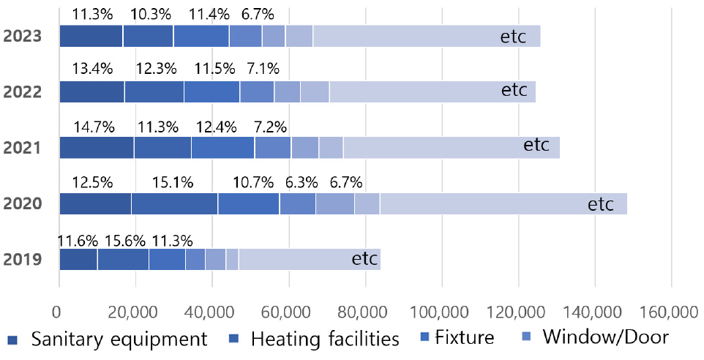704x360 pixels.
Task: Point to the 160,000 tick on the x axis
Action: point(670,312)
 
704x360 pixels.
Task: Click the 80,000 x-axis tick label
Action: point(364,312)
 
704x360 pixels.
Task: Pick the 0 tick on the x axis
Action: point(59,312)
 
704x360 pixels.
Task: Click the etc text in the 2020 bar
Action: point(600,204)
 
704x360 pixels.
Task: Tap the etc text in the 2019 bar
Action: point(364,259)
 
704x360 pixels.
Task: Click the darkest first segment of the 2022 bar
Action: point(91,91)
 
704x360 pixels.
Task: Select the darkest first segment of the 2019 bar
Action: point(78,260)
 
